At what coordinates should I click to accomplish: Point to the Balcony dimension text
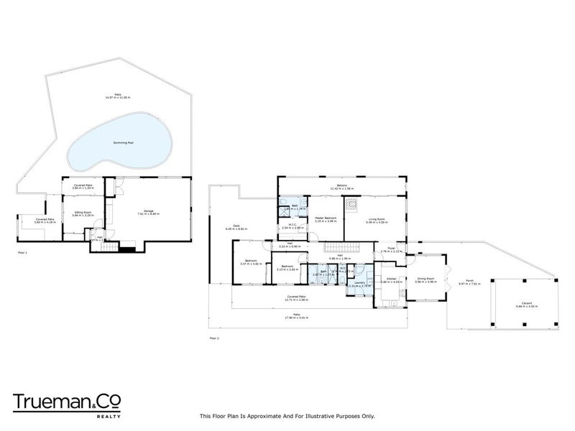click(x=342, y=190)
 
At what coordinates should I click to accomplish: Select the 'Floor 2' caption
click(x=213, y=336)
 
